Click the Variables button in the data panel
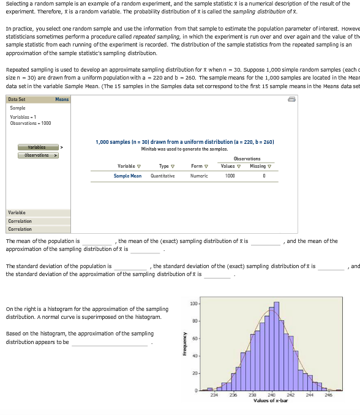tap(36, 148)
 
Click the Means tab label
tap(62, 99)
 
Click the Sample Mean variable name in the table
tap(127, 176)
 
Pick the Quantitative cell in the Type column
tap(163, 176)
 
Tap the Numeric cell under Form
tap(197, 176)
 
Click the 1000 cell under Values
tap(230, 176)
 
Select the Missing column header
tap(260, 166)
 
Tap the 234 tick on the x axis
tap(214, 395)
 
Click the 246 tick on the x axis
tap(328, 395)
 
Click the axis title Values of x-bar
tap(271, 400)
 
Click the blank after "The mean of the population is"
tap(97, 242)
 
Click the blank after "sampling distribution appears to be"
tap(110, 343)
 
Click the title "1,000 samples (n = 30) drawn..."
tap(185, 142)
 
